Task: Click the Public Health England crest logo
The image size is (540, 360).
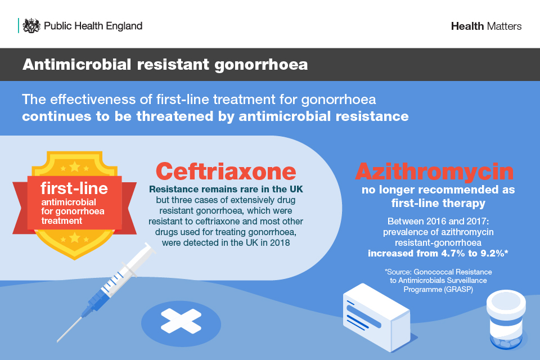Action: [x=31, y=26]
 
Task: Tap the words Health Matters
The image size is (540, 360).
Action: [x=486, y=26]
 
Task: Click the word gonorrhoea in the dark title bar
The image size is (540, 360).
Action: [x=261, y=65]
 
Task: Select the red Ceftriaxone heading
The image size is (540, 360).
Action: [x=226, y=171]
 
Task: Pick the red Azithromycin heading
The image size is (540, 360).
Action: [x=435, y=171]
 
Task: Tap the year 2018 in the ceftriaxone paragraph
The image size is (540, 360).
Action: [x=280, y=242]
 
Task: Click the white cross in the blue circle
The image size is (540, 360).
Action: [x=181, y=321]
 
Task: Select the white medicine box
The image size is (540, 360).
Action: [x=377, y=317]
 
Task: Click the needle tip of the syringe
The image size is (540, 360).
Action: [x=58, y=341]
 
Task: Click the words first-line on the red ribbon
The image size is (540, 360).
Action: [x=74, y=188]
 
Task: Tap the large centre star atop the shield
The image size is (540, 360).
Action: [x=75, y=167]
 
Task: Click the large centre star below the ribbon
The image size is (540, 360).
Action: [x=75, y=237]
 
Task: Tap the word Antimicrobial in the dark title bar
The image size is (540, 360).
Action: [x=77, y=65]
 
